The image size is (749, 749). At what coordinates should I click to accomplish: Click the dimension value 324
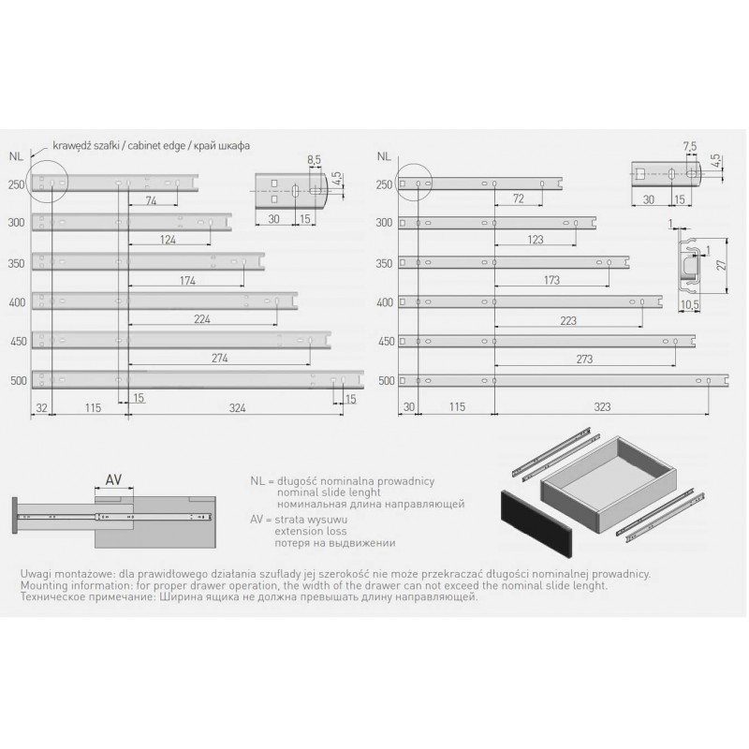(x=238, y=407)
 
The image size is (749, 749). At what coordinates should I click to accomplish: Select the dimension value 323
(x=602, y=406)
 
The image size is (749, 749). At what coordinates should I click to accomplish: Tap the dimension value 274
(x=220, y=358)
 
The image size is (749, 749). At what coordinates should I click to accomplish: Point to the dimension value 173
(x=551, y=280)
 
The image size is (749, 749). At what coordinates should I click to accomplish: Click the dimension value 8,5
(x=314, y=160)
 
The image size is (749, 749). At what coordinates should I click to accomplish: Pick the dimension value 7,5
(x=690, y=147)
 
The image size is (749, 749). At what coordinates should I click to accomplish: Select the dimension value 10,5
(x=689, y=305)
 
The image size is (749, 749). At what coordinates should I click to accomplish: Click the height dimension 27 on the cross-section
(x=722, y=265)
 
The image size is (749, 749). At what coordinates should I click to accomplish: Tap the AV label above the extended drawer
(x=113, y=478)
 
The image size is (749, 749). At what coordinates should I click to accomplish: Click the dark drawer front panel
(x=536, y=523)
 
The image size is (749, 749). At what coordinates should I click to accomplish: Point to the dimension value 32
(x=41, y=407)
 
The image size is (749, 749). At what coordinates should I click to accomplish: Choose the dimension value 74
(x=151, y=200)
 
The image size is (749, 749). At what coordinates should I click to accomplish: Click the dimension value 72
(x=519, y=198)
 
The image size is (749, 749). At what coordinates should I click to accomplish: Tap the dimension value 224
(x=202, y=318)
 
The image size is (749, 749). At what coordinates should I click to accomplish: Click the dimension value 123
(x=536, y=240)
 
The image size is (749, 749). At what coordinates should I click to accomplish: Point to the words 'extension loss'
(x=311, y=531)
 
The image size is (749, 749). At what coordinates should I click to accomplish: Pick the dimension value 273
(x=584, y=359)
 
